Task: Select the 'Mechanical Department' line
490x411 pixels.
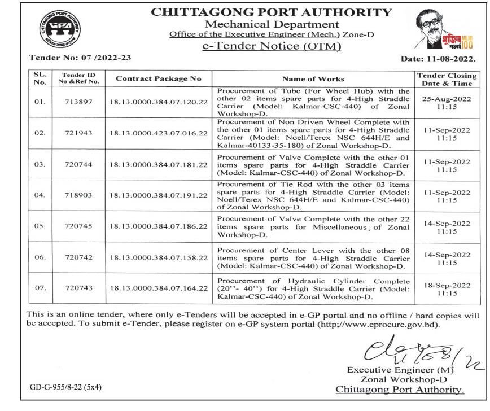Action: point(272,24)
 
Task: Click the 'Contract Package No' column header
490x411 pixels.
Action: point(159,79)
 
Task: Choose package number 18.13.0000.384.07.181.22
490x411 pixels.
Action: point(159,165)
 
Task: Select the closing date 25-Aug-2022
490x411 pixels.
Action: point(446,98)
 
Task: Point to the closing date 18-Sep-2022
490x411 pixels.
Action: point(446,286)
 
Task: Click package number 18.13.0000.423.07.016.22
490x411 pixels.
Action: point(159,133)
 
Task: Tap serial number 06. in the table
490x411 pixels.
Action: point(40,257)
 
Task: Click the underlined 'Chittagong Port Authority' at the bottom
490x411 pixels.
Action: point(400,389)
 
